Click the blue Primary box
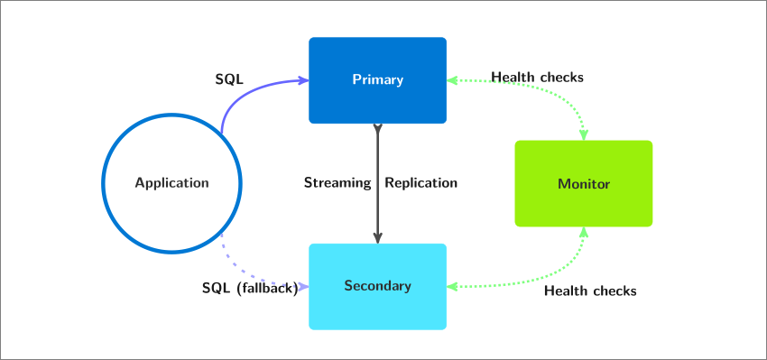pyautogui.click(x=377, y=80)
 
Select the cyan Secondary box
pyautogui.click(x=377, y=287)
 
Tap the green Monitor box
pyautogui.click(x=584, y=183)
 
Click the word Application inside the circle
pyautogui.click(x=171, y=183)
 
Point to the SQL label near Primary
pyautogui.click(x=229, y=79)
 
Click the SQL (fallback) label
pyautogui.click(x=250, y=288)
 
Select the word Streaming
pyautogui.click(x=337, y=183)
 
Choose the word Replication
pyautogui.click(x=421, y=183)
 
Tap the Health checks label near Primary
pyautogui.click(x=538, y=78)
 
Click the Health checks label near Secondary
pyautogui.click(x=590, y=291)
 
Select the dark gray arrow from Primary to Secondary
pyautogui.click(x=377, y=183)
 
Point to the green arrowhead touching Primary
pyautogui.click(x=452, y=80)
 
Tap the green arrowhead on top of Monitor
pyautogui.click(x=584, y=134)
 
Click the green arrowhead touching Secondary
pyautogui.click(x=452, y=287)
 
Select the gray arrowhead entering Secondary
pyautogui.click(x=377, y=237)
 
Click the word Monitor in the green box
pyautogui.click(x=584, y=184)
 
